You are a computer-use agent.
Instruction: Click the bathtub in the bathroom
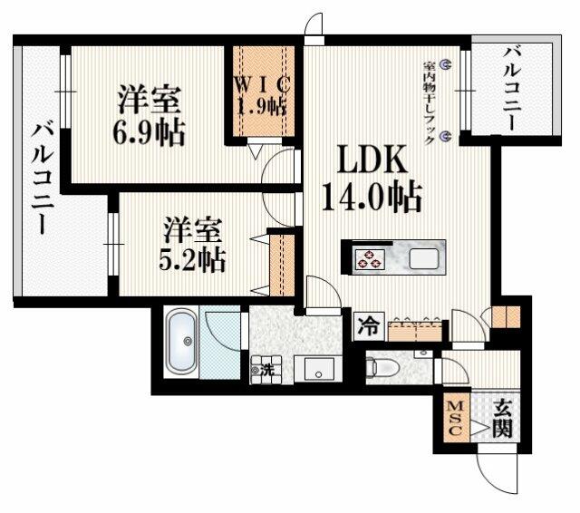coord(181,342)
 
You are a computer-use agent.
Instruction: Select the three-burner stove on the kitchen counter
coord(368,258)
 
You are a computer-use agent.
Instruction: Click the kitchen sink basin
coord(424,258)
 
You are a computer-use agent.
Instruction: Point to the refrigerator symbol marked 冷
coord(369,326)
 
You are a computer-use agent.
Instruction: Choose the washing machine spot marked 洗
coord(266,370)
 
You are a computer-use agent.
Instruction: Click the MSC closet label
coord(456,418)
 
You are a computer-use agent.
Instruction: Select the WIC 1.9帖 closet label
coord(262,95)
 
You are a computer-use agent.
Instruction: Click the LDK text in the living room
coord(372,159)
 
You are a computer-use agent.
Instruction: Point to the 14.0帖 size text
coord(372,197)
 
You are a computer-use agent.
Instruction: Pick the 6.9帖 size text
coord(149,132)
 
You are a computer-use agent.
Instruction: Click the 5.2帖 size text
coord(192,260)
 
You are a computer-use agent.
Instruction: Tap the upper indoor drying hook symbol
coord(445,65)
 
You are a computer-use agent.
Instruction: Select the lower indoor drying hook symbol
coord(445,137)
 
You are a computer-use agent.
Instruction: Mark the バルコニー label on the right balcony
coord(513,89)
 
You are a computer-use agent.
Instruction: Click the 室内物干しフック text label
coord(429,102)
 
